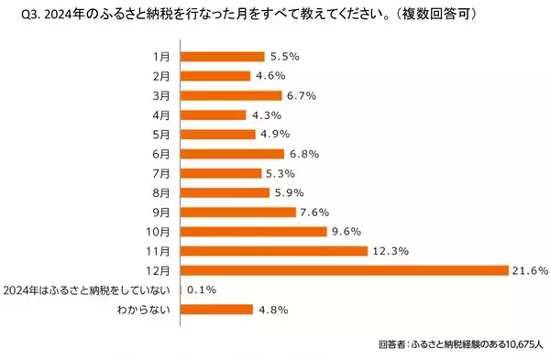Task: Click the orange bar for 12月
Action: pyautogui.click(x=344, y=270)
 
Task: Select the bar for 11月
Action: pyautogui.click(x=273, y=250)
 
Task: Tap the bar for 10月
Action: pyautogui.click(x=253, y=231)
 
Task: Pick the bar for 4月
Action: pyautogui.click(x=214, y=115)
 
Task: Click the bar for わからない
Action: pyautogui.click(x=217, y=309)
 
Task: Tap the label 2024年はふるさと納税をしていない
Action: pyautogui.click(x=90, y=289)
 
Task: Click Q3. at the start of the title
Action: pyautogui.click(x=17, y=16)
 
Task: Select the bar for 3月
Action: pyautogui.click(x=231, y=95)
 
